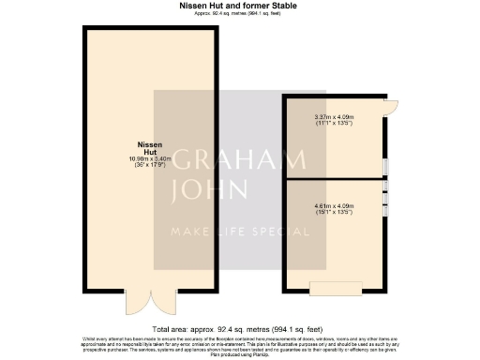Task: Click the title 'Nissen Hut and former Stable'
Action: click(239, 6)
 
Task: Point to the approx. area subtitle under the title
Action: click(239, 14)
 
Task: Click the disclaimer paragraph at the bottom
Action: click(239, 347)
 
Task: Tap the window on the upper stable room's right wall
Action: click(385, 167)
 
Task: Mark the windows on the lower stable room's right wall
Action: click(385, 205)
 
